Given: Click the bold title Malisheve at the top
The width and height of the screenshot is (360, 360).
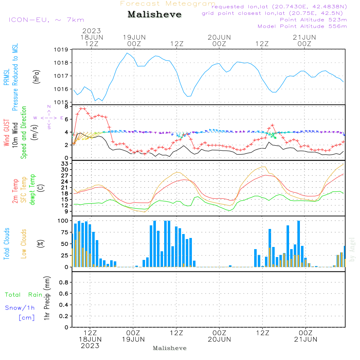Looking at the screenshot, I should pyautogui.click(x=154, y=15).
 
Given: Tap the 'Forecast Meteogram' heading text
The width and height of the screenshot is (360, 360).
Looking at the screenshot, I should pyautogui.click(x=168, y=4).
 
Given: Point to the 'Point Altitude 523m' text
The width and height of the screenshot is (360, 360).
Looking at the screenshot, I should pyautogui.click(x=313, y=20).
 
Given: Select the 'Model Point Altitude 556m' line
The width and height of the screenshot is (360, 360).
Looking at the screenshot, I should pyautogui.click(x=302, y=26).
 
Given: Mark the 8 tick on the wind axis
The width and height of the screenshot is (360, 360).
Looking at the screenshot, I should pyautogui.click(x=66, y=107).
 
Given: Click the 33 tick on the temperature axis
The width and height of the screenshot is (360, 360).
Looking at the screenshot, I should pyautogui.click(x=65, y=164).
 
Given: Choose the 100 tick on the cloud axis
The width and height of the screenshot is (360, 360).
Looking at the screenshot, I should pyautogui.click(x=63, y=221).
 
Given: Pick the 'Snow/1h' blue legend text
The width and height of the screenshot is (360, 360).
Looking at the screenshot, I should pyautogui.click(x=20, y=308).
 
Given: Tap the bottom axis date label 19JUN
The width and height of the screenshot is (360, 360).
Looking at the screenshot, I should pyautogui.click(x=133, y=339).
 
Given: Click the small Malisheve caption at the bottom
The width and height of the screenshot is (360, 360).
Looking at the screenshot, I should pyautogui.click(x=170, y=348).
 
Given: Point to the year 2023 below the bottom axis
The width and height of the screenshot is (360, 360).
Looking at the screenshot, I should pyautogui.click(x=90, y=346).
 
